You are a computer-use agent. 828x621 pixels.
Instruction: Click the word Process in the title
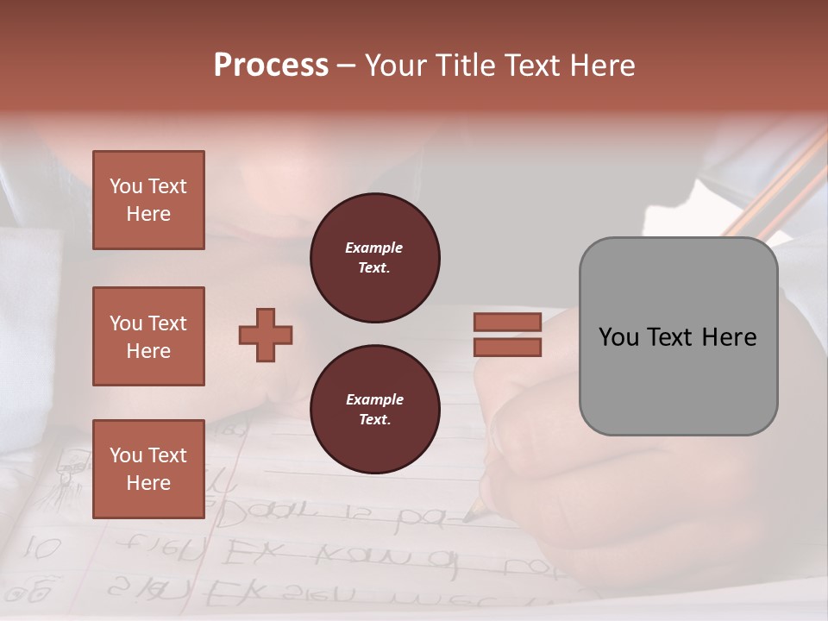(x=271, y=66)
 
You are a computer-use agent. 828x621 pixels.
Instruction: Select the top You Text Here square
(x=148, y=200)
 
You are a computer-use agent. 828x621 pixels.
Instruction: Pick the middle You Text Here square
(x=148, y=336)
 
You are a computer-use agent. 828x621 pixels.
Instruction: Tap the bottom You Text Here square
(x=148, y=469)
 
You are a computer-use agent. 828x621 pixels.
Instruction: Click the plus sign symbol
(x=266, y=335)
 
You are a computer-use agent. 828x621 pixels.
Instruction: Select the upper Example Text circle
(x=375, y=258)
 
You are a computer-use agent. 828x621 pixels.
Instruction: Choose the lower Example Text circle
(x=375, y=410)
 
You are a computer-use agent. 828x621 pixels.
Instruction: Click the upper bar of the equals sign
(x=507, y=322)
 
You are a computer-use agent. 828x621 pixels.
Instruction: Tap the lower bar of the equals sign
(x=507, y=347)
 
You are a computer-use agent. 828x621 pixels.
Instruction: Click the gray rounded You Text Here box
(x=678, y=336)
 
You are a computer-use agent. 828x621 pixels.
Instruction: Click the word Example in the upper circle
(x=374, y=248)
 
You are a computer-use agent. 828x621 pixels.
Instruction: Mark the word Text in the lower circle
(x=374, y=420)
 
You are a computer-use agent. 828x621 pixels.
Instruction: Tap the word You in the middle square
(x=125, y=323)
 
